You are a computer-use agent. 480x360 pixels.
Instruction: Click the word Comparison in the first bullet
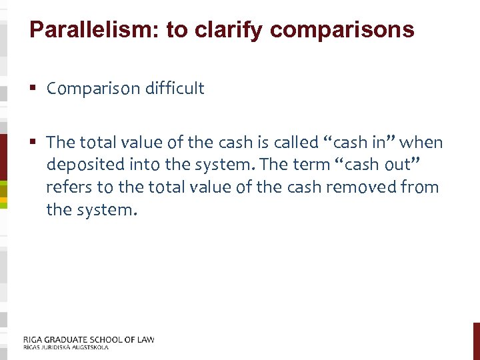pos(89,89)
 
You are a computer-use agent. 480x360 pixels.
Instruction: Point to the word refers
pos(66,187)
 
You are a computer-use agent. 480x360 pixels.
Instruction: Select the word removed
pos(347,187)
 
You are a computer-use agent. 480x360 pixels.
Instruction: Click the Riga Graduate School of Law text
pos(89,339)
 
